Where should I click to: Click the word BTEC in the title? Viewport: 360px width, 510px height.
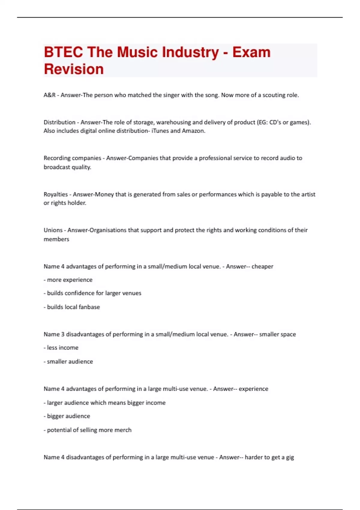(63, 52)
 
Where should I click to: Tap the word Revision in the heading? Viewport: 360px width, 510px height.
(74, 69)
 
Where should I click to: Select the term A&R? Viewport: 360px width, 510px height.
(49, 95)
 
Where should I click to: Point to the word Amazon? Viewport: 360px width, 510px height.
(193, 131)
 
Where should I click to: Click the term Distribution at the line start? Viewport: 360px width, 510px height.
(59, 122)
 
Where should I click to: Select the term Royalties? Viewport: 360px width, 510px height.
(56, 194)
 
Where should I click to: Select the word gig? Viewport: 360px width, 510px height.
(289, 457)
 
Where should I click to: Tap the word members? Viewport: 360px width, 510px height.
(56, 239)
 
